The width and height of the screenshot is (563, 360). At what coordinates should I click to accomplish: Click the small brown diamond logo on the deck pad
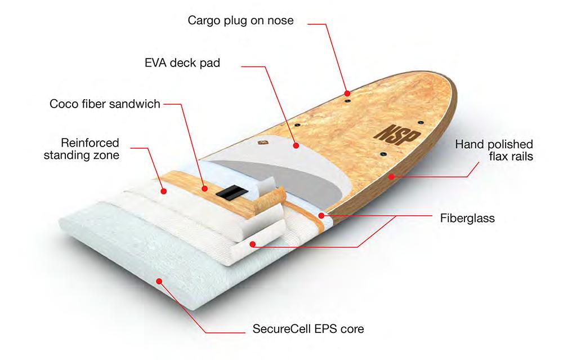262,144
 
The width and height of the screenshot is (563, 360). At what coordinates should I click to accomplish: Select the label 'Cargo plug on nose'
241,21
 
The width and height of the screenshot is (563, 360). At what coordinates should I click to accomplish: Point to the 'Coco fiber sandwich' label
105,104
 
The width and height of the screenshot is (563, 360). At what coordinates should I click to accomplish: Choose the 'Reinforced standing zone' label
82,148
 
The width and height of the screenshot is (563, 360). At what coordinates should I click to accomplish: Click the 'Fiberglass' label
467,219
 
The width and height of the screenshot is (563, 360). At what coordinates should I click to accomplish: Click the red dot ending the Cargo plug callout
348,92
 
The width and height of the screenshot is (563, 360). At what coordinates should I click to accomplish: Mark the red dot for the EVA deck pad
296,145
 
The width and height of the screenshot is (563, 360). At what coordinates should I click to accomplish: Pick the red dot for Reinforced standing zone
164,191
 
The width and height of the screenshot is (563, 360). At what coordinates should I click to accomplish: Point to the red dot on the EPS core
160,280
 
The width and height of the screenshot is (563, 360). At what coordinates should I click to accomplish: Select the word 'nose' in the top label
281,21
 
